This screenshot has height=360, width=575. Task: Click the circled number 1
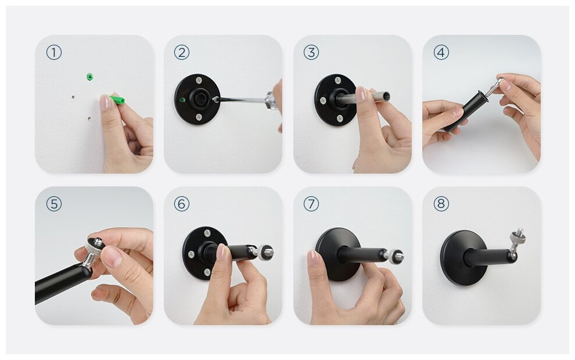[x=54, y=52]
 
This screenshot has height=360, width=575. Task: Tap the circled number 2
[x=182, y=52]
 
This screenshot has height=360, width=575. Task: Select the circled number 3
[x=311, y=52]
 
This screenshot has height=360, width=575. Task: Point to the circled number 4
[x=441, y=52]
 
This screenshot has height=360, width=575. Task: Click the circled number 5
[x=54, y=204]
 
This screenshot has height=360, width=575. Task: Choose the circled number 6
[x=182, y=204]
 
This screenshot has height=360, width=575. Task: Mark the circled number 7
[x=311, y=204]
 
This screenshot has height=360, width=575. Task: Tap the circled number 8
[x=441, y=204]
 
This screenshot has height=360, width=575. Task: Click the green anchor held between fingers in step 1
[x=117, y=99]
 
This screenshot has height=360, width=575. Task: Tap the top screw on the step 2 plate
[x=199, y=80]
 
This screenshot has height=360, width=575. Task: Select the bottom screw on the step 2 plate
[x=199, y=117]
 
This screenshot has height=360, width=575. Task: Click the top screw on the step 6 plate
[x=207, y=232]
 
